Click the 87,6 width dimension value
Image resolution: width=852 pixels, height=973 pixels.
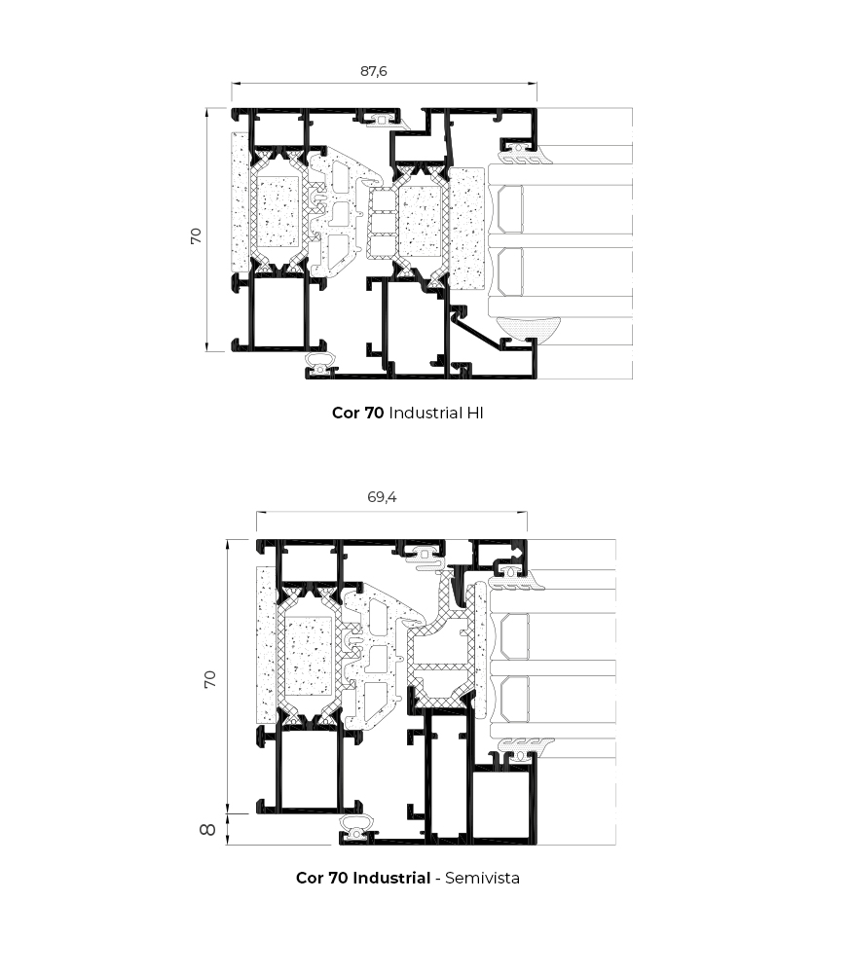(373, 71)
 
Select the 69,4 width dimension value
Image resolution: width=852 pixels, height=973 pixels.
(382, 497)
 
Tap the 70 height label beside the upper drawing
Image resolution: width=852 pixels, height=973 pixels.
(196, 235)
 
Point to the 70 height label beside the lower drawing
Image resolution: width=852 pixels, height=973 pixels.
(210, 679)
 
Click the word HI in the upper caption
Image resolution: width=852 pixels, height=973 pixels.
(475, 413)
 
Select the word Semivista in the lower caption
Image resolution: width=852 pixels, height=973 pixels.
(482, 878)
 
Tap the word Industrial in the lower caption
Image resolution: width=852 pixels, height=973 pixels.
(391, 878)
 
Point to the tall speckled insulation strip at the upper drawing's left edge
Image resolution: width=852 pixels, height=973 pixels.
(241, 201)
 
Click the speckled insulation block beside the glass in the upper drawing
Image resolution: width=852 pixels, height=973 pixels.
(465, 229)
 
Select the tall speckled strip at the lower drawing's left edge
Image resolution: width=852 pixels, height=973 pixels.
(267, 644)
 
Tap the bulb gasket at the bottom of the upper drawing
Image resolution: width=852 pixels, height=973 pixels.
(321, 364)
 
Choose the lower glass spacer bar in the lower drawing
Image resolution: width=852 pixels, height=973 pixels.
(515, 699)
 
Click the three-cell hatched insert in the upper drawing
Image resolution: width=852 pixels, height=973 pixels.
(382, 224)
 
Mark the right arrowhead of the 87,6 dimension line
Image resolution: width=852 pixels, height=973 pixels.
(534, 83)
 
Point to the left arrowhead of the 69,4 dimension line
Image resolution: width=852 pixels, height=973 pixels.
(261, 513)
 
